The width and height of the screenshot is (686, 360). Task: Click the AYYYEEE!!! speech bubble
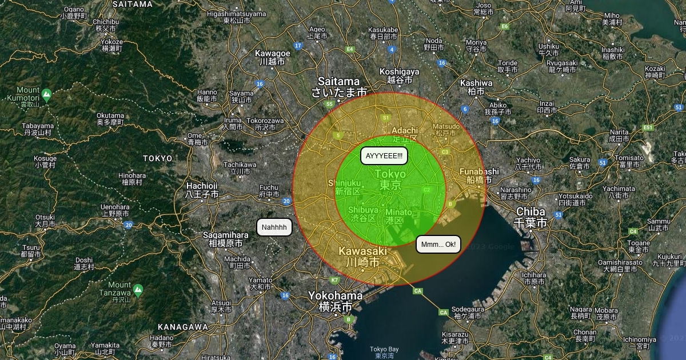coord(384,155)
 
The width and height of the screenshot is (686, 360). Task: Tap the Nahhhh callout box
coord(274,227)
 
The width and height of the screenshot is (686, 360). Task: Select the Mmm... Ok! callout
coord(438,245)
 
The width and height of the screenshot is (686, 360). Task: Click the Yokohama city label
coord(336,301)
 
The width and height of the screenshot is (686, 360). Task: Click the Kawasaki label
coord(363,256)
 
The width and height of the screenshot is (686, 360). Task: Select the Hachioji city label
coord(202,190)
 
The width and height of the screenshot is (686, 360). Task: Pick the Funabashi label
coord(479,175)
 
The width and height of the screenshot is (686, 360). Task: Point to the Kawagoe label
coord(272,57)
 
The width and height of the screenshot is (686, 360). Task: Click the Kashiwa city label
coord(476,86)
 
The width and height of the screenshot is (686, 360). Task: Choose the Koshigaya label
coord(399,75)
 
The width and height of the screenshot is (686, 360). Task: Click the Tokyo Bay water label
coord(384,352)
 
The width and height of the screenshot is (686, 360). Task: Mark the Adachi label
coord(405,134)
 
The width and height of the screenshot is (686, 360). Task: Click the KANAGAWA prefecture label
coord(182,326)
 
